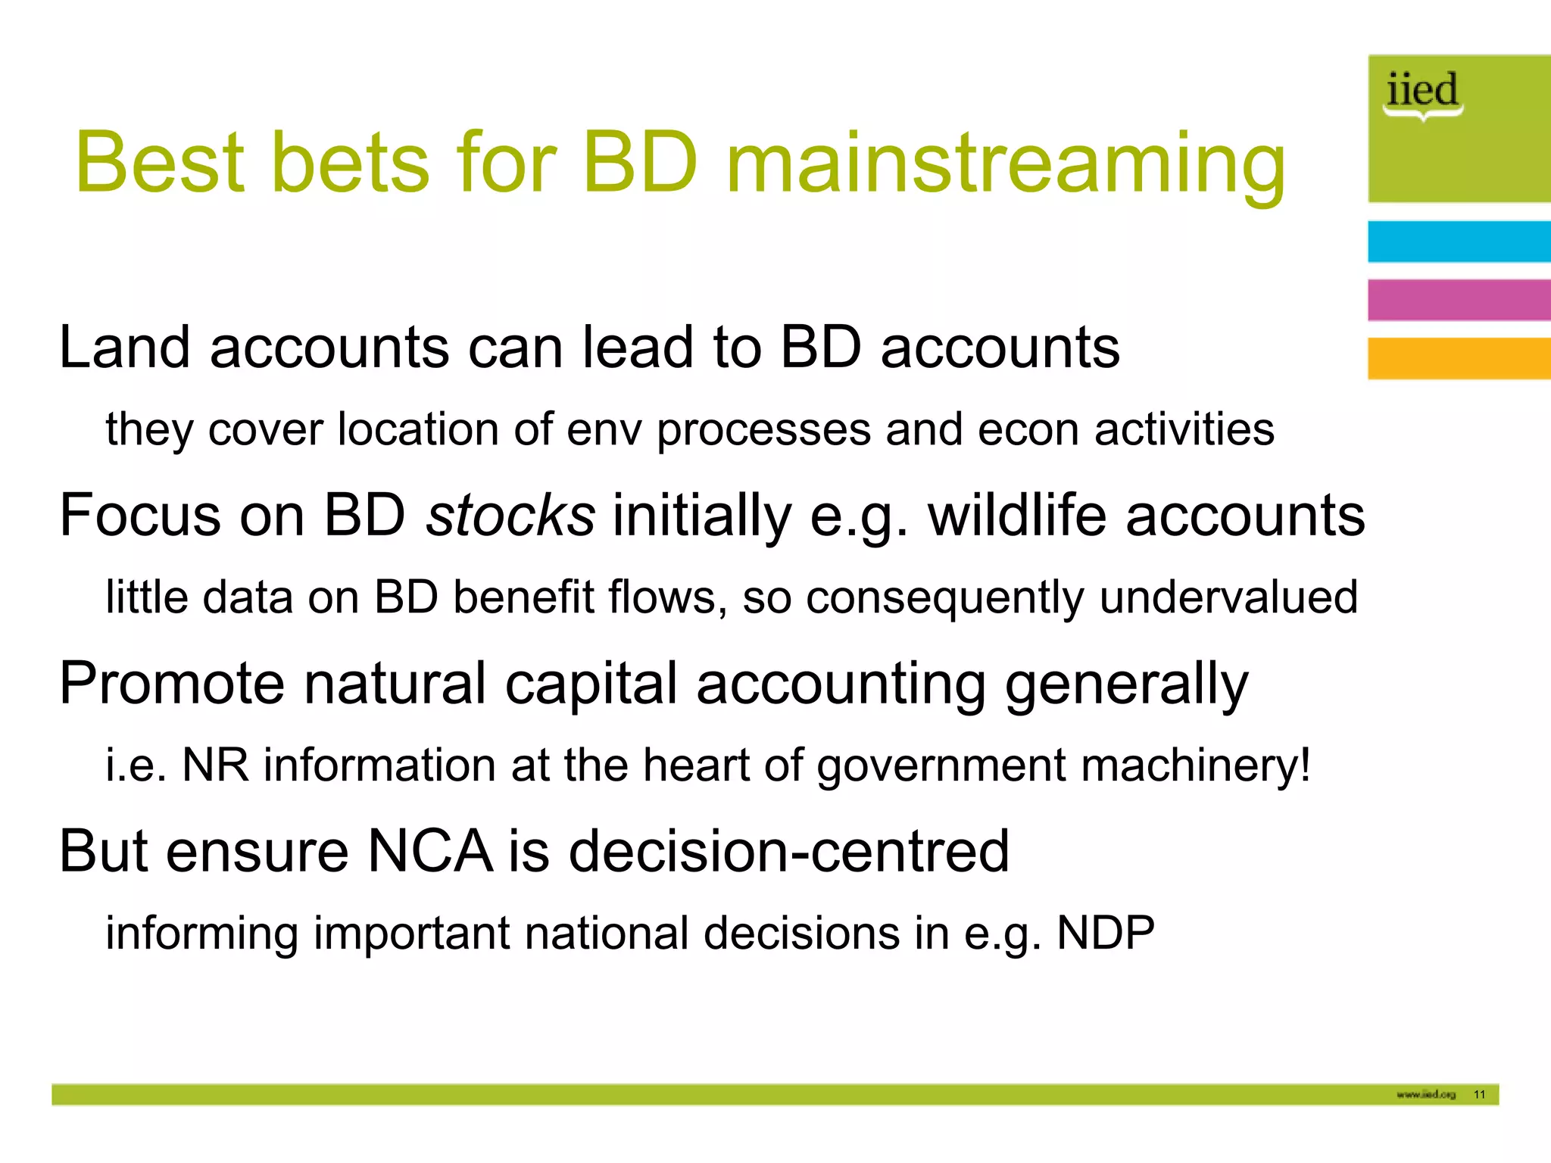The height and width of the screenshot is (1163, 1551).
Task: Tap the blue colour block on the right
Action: (x=1458, y=242)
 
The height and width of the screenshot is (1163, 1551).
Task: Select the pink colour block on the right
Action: (x=1458, y=300)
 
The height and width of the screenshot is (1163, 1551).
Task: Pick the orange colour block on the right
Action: (x=1458, y=358)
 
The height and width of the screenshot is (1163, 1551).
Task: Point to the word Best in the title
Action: (x=160, y=163)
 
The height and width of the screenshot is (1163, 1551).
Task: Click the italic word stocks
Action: (x=510, y=516)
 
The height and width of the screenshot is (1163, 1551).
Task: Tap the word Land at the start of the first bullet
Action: (x=124, y=348)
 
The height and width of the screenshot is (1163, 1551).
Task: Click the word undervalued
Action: (x=1228, y=597)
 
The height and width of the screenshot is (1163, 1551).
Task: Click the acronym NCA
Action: (x=429, y=852)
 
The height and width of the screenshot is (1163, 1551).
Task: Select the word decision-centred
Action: (x=788, y=852)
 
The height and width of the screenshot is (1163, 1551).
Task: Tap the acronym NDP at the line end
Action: (x=1105, y=933)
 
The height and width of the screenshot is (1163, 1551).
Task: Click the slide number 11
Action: (x=1479, y=1094)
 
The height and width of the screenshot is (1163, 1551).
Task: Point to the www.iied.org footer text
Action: (x=1426, y=1094)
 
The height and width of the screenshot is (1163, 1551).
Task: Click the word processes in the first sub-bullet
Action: (x=764, y=431)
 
